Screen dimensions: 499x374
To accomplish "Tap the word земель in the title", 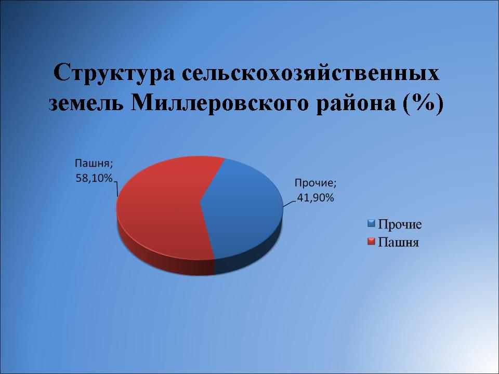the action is (86, 103).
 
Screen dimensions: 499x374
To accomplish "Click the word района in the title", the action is (356, 103).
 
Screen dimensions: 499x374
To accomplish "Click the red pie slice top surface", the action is (162, 207).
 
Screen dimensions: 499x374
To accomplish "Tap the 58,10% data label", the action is (94, 178).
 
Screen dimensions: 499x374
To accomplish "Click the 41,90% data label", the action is (316, 198).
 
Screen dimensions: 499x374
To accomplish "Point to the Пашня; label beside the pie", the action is (94, 164).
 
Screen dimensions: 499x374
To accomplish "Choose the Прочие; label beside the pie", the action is (316, 183).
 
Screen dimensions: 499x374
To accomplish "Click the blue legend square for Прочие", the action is (372, 223).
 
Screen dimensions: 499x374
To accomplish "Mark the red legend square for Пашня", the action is (372, 242).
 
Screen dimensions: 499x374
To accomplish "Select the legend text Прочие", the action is (400, 224).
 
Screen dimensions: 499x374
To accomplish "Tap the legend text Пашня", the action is (399, 243).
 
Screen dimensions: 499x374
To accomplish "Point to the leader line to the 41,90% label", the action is (290, 204).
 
